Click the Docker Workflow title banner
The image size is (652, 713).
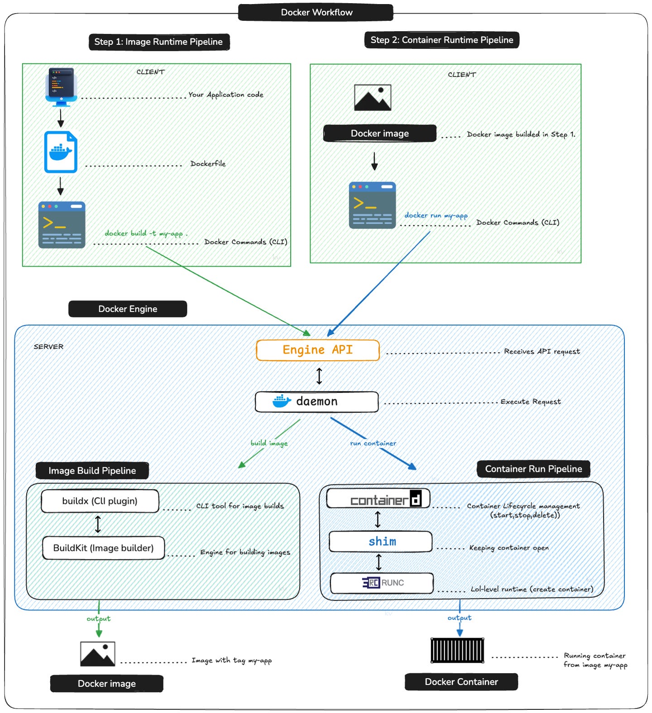pos(316,12)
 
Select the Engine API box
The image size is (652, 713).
pos(317,350)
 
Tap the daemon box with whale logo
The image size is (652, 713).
pos(316,402)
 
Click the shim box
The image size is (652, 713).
pos(381,541)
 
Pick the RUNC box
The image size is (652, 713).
pos(382,583)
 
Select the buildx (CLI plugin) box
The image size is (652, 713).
pos(100,501)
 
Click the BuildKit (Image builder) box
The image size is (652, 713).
pos(103,548)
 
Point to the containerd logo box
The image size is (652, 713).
pos(379,499)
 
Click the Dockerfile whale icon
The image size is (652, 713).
pos(61,152)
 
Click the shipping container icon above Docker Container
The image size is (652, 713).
pos(457,651)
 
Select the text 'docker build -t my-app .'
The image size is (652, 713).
pos(146,233)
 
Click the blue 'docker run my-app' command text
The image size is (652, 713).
pos(436,215)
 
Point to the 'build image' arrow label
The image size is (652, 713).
pos(269,443)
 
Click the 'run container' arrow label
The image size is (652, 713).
pos(373,443)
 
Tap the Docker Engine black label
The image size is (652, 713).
pos(128,309)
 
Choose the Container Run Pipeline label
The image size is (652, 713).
pos(533,469)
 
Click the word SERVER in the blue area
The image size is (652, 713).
pos(48,346)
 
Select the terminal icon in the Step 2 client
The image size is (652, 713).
pos(372,205)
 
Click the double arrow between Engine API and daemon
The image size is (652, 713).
pos(319,376)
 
